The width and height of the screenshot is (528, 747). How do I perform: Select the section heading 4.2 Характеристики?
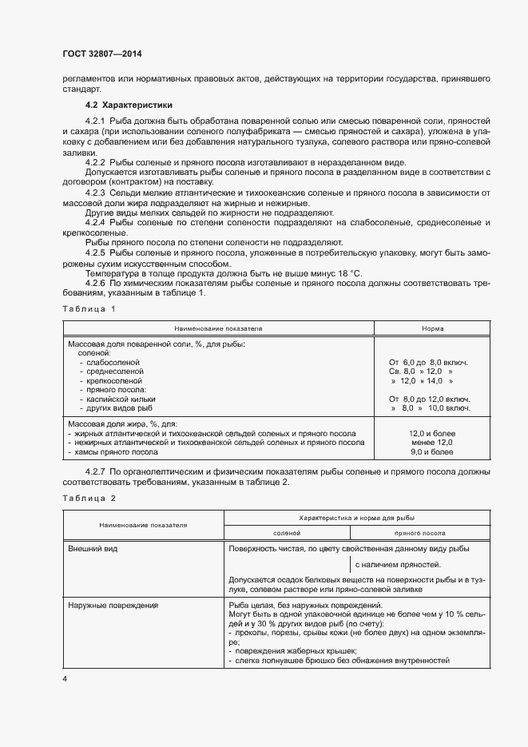click(129, 105)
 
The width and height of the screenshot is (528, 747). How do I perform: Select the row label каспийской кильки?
click(121, 398)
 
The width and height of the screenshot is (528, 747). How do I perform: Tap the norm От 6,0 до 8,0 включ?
click(428, 362)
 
